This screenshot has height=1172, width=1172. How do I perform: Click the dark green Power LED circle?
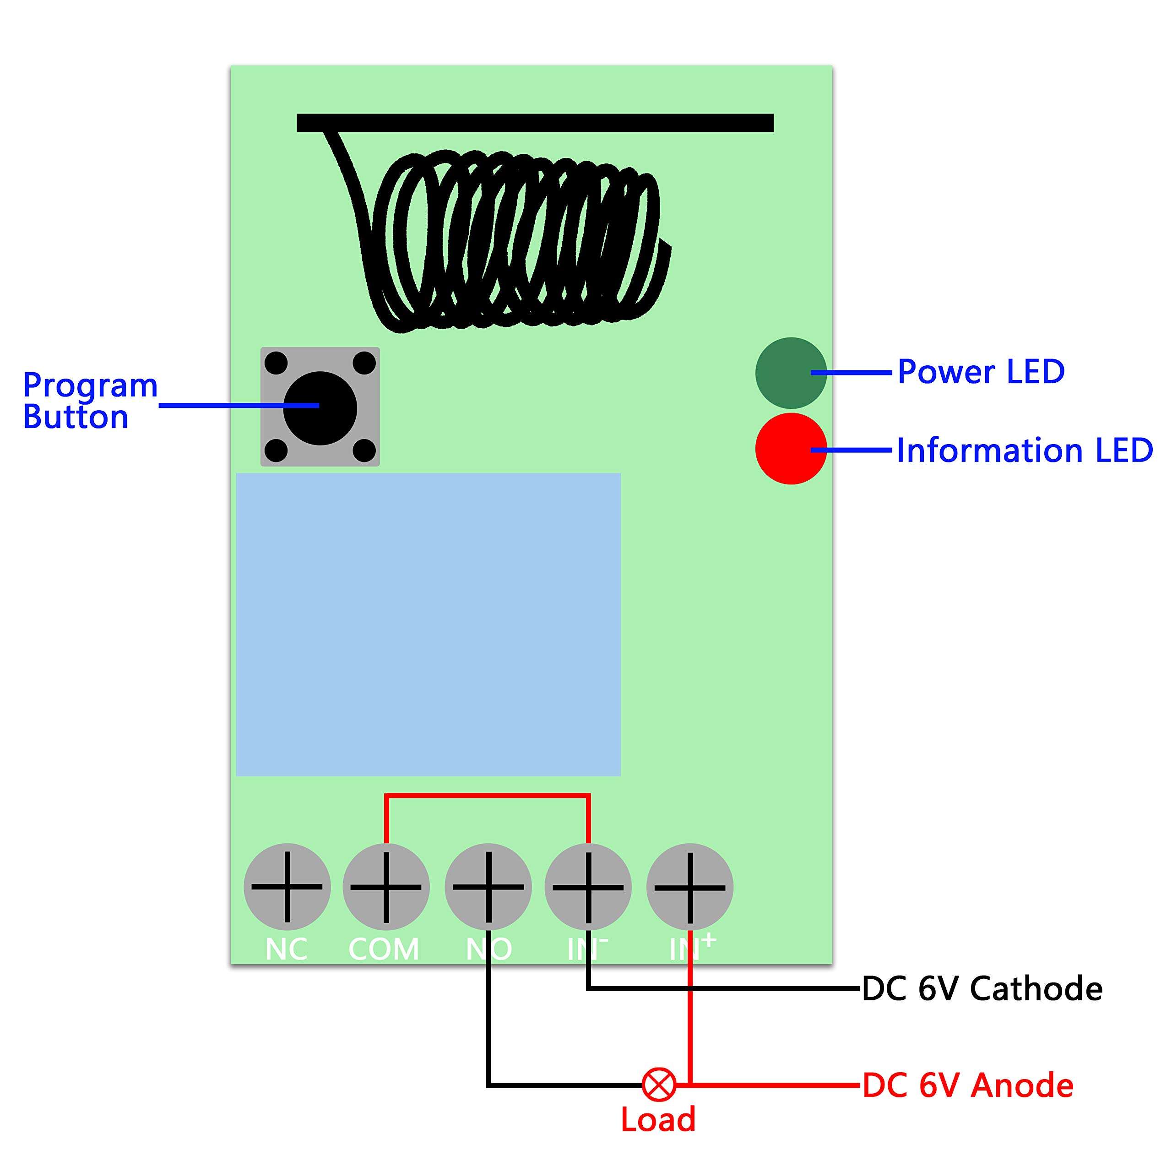click(x=791, y=373)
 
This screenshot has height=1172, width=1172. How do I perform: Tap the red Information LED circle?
click(x=791, y=449)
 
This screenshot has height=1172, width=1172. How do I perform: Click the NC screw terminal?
click(x=287, y=887)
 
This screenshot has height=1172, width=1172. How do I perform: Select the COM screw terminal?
click(x=386, y=887)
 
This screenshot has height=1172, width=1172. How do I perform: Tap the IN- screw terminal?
click(x=588, y=887)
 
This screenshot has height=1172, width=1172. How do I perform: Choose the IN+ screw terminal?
click(x=690, y=887)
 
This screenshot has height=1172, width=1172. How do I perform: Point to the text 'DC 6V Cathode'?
click(x=982, y=989)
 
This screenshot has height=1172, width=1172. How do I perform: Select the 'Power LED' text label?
click(x=980, y=371)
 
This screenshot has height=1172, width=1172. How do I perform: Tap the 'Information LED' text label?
click(x=1024, y=450)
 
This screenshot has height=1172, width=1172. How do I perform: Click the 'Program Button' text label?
click(x=90, y=401)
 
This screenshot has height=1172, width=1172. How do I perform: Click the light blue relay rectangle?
click(x=428, y=625)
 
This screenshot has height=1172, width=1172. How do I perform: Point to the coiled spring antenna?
click(x=522, y=243)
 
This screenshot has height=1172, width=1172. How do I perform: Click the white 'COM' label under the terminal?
click(x=383, y=950)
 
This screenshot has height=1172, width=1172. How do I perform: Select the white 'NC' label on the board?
click(x=286, y=950)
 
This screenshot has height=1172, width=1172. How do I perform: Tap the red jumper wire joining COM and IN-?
click(x=487, y=797)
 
